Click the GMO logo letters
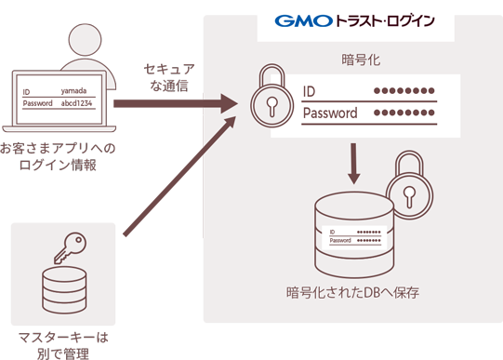(x=303, y=21)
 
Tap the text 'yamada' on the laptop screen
(x=73, y=91)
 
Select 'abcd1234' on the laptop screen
(x=76, y=103)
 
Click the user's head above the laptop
(x=85, y=40)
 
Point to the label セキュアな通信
(x=169, y=77)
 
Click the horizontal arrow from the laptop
(x=176, y=103)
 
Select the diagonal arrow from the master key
(x=180, y=177)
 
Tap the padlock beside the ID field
(x=272, y=96)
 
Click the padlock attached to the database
(x=410, y=185)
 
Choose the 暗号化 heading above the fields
(x=361, y=60)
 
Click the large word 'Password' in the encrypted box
(x=330, y=113)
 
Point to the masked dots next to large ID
(x=404, y=91)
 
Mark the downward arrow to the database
(x=353, y=164)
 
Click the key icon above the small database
(x=70, y=247)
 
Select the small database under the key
(x=64, y=290)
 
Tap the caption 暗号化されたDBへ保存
(x=353, y=293)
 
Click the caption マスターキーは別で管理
(x=63, y=345)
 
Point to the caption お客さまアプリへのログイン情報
(x=58, y=156)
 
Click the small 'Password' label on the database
(x=340, y=240)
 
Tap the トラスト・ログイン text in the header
(x=385, y=21)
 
